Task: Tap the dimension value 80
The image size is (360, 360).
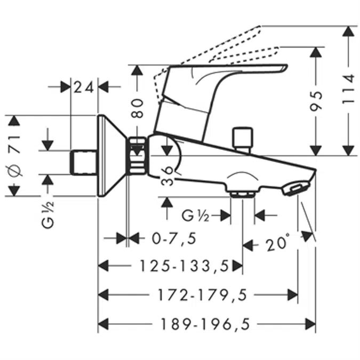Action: [138, 108]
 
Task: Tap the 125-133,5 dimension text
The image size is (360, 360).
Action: [183, 265]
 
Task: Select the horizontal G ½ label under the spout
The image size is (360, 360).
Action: [195, 215]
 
